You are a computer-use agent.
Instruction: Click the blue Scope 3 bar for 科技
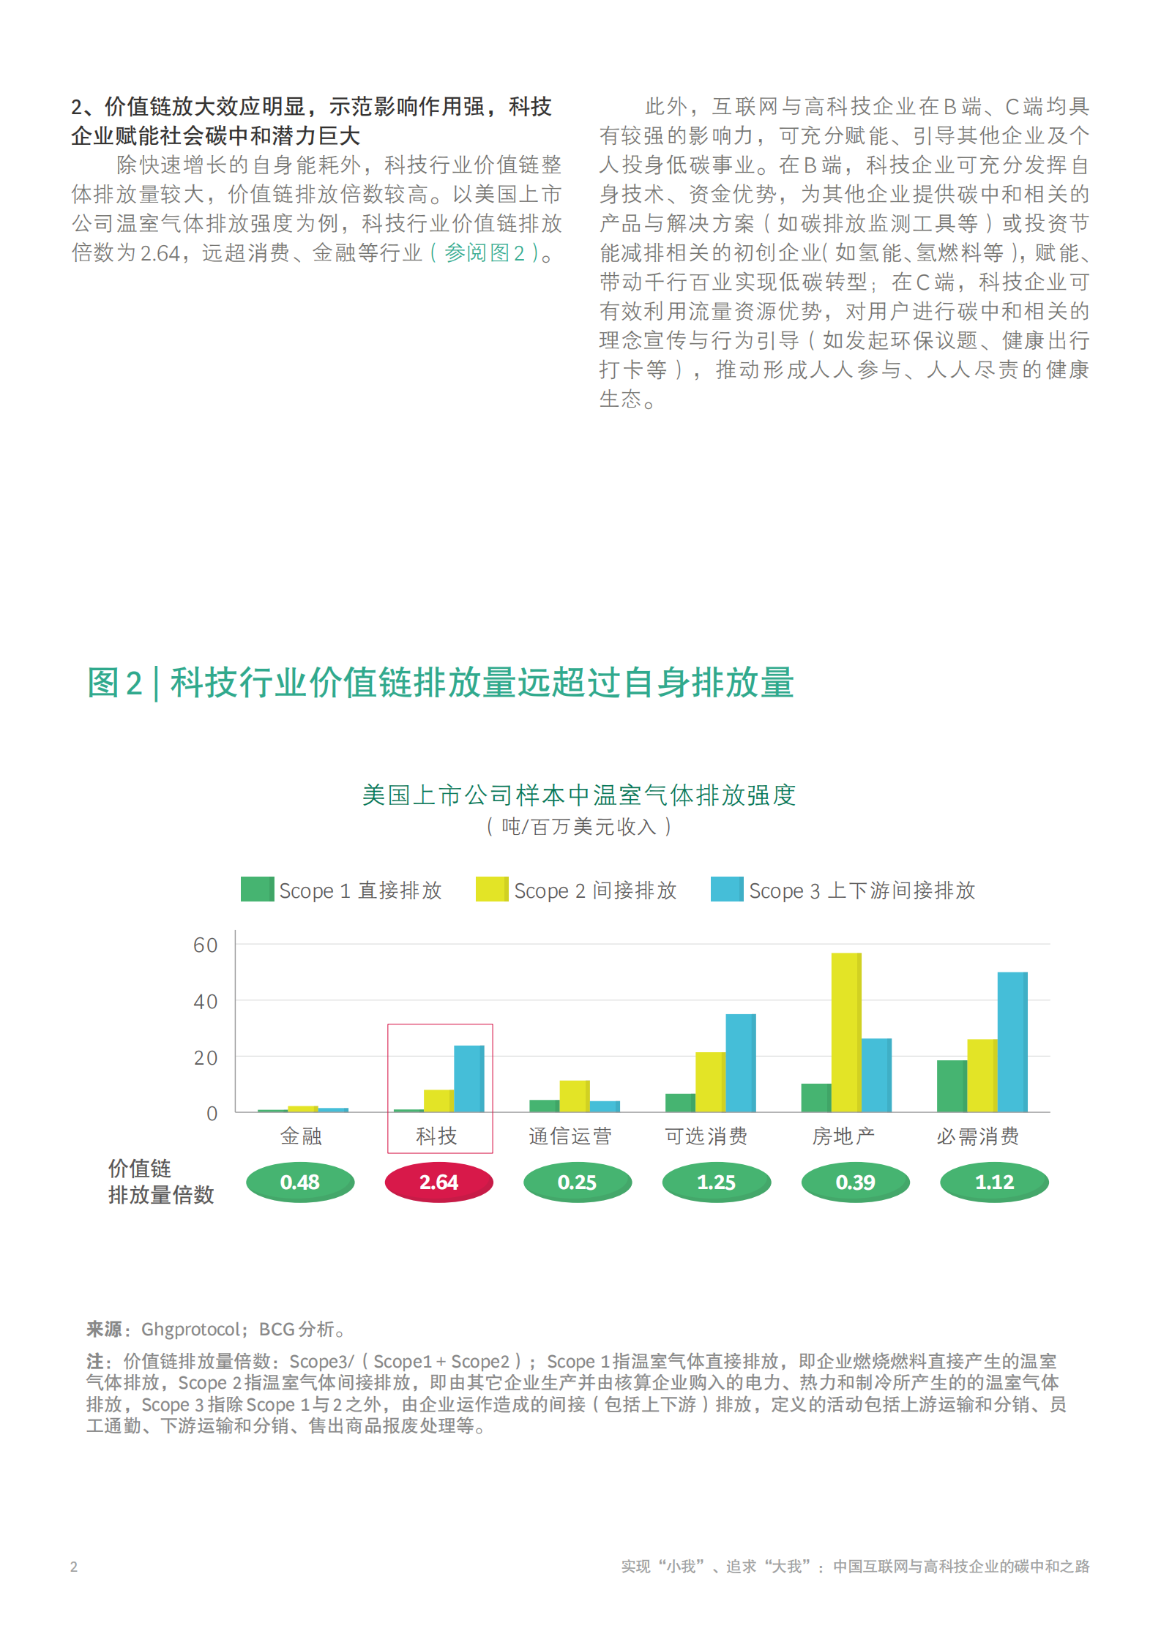tap(468, 1079)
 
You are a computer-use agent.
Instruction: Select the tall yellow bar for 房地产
tap(845, 1032)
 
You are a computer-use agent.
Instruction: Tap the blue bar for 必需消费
tap(1012, 1042)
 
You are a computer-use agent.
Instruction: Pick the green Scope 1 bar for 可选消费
tap(680, 1103)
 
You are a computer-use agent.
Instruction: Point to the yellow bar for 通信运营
tap(574, 1096)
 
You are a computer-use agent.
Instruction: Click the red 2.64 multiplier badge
tap(438, 1182)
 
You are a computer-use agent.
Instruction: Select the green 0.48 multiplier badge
tap(300, 1182)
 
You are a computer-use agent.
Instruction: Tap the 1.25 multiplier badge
tap(716, 1182)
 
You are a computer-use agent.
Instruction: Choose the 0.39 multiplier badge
tap(855, 1182)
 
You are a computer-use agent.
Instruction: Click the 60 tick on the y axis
tap(206, 945)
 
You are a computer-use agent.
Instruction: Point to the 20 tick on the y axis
tap(206, 1057)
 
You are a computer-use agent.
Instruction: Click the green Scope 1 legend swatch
tap(257, 889)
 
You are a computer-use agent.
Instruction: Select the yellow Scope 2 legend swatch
tap(491, 889)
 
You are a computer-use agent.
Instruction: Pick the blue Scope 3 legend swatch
tap(726, 889)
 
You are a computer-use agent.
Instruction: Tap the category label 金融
tap(301, 1136)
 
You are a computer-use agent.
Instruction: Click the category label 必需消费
tap(978, 1136)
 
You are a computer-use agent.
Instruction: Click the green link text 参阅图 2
tap(484, 253)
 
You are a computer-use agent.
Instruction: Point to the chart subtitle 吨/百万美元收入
tap(578, 827)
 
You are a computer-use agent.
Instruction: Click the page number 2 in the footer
tap(74, 1566)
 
